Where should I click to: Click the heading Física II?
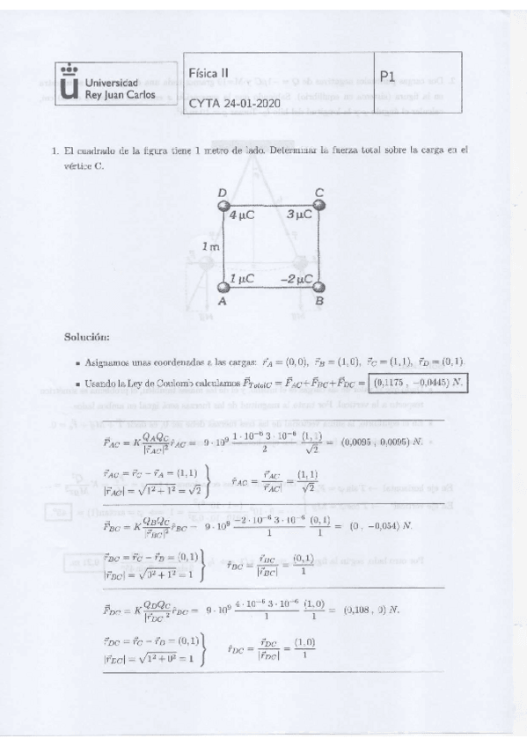pyautogui.click(x=215, y=73)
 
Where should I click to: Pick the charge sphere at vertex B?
pyautogui.click(x=319, y=288)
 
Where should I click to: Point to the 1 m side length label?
pyautogui.click(x=209, y=247)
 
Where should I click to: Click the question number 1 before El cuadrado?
pyautogui.click(x=55, y=150)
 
